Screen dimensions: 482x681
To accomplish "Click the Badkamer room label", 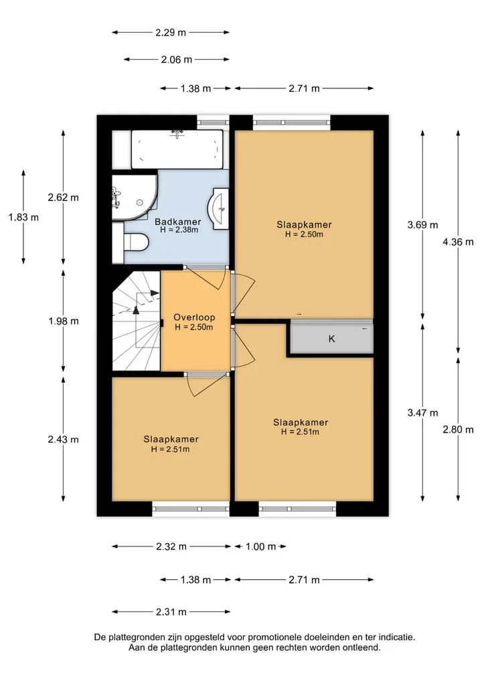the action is (x=178, y=222).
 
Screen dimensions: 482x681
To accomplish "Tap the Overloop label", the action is (x=194, y=317).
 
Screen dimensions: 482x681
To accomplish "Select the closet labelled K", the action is (x=331, y=338).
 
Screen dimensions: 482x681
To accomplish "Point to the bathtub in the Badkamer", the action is (x=177, y=149).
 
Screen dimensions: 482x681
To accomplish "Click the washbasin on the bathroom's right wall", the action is (x=220, y=208).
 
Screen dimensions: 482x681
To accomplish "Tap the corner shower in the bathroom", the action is (x=135, y=198).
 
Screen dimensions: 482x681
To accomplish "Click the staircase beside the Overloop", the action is (x=137, y=320).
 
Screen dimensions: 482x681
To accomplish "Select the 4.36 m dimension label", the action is (x=458, y=242).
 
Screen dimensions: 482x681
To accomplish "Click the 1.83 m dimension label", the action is (x=23, y=217).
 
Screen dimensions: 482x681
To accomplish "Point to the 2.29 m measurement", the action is (x=171, y=32).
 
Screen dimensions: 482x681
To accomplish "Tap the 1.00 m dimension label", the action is (x=261, y=546).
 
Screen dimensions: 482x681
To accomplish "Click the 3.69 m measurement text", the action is (x=422, y=225).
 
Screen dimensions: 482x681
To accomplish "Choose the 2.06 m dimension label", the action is (x=176, y=60).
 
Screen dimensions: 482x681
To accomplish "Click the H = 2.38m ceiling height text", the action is (x=179, y=230).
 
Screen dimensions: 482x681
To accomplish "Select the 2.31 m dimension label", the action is (x=171, y=612).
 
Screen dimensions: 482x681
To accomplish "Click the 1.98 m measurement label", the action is (x=64, y=321).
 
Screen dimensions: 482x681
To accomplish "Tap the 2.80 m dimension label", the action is (x=458, y=429).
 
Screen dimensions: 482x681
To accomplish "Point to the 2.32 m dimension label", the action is (x=171, y=546).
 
